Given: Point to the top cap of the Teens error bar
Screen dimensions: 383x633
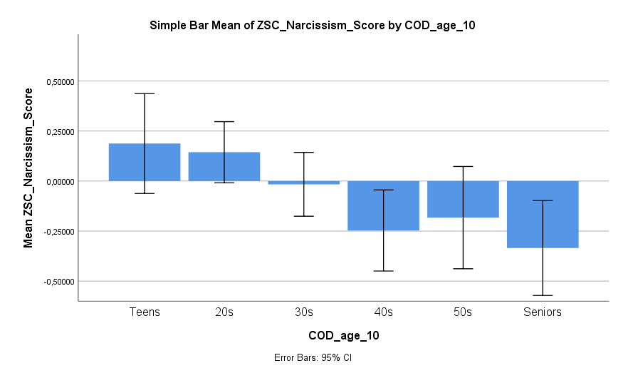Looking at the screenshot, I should pos(145,93).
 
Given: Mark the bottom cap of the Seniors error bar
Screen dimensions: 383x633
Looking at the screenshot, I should pos(543,295).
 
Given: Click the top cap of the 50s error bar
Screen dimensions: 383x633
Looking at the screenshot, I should pos(463,166).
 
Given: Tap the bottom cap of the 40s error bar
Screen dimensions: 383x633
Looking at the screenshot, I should pos(383,271).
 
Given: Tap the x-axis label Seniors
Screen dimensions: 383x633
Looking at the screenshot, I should pos(543,312).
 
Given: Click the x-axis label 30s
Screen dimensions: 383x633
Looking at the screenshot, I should pos(303,312).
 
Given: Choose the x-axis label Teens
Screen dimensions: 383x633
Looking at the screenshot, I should pos(145,312).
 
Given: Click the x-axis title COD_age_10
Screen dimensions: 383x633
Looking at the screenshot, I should pos(343,335).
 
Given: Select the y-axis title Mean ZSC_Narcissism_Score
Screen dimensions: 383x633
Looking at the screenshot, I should pos(28,168).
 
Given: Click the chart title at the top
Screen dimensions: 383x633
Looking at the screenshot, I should pos(312,26).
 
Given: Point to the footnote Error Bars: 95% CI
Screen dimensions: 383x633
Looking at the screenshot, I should pos(313,358).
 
